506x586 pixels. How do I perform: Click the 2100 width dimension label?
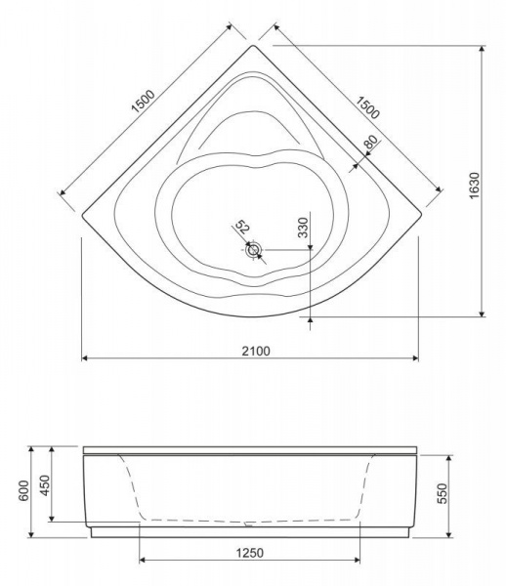pos(256,351)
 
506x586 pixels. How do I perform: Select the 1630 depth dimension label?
pos(474,186)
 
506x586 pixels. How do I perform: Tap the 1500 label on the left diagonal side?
pos(144,101)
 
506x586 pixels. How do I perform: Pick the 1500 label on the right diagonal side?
pos(367,107)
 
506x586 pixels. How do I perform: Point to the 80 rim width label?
pos(370,142)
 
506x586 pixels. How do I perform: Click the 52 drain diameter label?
pos(242,227)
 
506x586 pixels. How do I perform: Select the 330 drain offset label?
pos(303,228)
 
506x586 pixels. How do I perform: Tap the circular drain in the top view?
pos(254,250)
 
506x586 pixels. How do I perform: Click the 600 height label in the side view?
pos(23,491)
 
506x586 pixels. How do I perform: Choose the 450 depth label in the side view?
pos(45,485)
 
